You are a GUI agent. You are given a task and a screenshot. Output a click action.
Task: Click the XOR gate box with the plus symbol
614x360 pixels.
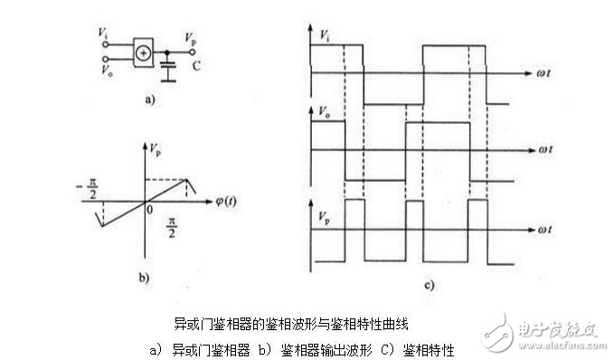(143, 52)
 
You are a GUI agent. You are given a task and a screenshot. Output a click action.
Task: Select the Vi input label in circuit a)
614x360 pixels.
(103, 34)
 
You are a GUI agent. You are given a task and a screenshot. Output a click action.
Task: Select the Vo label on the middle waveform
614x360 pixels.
(325, 112)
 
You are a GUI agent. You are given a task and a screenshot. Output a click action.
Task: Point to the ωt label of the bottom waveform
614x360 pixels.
(545, 231)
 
